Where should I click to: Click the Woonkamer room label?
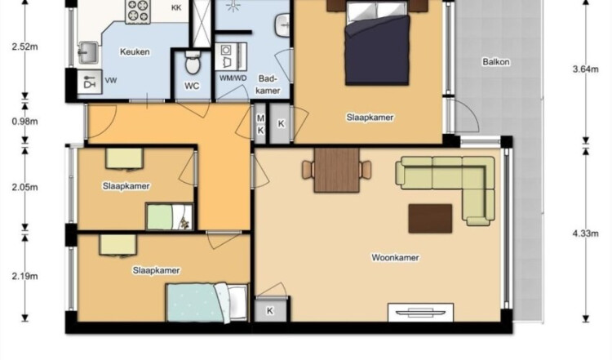[395, 258]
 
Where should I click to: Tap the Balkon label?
[495, 62]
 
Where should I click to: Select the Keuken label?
[135, 52]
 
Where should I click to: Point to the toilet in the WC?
[193, 63]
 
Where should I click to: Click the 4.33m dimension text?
[585, 233]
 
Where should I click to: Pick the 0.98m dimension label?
[25, 122]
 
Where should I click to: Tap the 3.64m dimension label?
[585, 69]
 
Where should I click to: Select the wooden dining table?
[336, 170]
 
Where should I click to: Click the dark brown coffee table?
[430, 218]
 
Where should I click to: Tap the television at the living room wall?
[420, 312]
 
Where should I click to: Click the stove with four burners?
[138, 11]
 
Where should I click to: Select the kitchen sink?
[88, 52]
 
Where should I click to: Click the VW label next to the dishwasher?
[111, 81]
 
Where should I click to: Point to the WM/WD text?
[233, 78]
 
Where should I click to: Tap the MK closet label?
[260, 124]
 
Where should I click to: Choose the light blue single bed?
[207, 303]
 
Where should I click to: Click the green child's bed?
[170, 216]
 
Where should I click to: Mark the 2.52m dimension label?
[25, 47]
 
